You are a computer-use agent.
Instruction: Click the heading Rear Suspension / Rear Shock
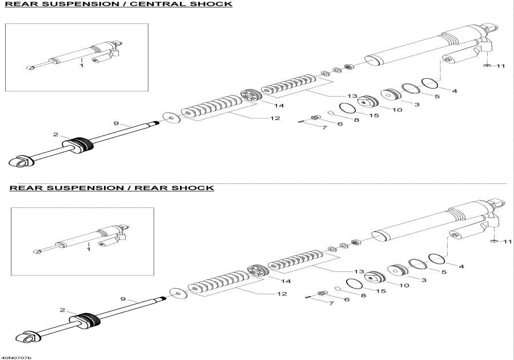pyautogui.click(x=111, y=187)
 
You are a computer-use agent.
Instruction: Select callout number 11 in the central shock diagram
pyautogui.click(x=501, y=66)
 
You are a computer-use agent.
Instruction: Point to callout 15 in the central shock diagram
pyautogui.click(x=374, y=115)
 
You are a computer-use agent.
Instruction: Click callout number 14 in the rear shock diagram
pyautogui.click(x=286, y=281)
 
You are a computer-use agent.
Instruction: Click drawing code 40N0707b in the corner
pyautogui.click(x=15, y=357)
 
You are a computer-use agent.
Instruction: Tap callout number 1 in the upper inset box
pyautogui.click(x=81, y=66)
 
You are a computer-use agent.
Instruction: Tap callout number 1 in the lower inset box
pyautogui.click(x=89, y=249)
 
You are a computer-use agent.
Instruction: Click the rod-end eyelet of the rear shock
pyautogui.click(x=28, y=338)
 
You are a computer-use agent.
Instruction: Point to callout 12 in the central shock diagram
pyautogui.click(x=275, y=118)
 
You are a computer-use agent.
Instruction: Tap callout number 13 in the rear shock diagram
pyautogui.click(x=359, y=271)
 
